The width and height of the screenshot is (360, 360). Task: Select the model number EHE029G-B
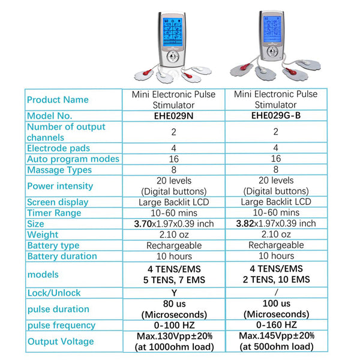[x=275, y=115]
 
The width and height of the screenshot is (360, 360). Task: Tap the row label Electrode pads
[x=59, y=148]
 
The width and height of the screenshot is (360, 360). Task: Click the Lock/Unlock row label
[x=54, y=293]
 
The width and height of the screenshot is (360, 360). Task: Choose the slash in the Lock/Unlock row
[x=275, y=293]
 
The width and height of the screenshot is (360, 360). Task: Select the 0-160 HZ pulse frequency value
[x=275, y=325]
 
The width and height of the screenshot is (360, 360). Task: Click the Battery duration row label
[x=62, y=256]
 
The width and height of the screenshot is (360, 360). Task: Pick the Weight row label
[x=43, y=235]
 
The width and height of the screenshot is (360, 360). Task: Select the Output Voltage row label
[x=61, y=341]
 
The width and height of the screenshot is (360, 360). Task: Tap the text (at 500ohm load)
[x=275, y=347]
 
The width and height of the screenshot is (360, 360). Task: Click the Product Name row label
[x=58, y=100]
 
